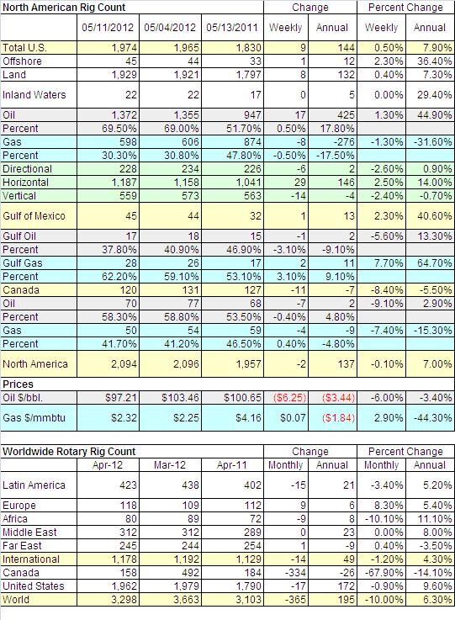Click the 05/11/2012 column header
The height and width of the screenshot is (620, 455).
click(x=108, y=27)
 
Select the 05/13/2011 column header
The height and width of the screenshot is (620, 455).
click(x=232, y=27)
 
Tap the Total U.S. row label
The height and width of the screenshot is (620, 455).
click(x=24, y=48)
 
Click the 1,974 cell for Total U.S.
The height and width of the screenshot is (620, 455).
click(x=124, y=48)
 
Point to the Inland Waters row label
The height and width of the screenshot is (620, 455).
click(x=34, y=95)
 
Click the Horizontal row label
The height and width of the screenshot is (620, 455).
click(x=26, y=183)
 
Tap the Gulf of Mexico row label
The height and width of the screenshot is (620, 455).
click(x=34, y=216)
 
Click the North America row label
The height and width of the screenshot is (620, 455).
click(x=35, y=363)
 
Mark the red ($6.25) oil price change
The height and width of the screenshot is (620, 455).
click(x=290, y=398)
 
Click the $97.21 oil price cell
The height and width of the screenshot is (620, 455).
click(x=121, y=398)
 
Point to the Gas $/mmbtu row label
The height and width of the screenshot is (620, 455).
click(x=34, y=418)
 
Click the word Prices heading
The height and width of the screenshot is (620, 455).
click(x=18, y=384)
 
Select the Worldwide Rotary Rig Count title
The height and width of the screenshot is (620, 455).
click(x=69, y=452)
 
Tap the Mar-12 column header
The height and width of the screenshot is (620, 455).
click(x=170, y=465)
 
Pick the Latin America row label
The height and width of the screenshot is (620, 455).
click(x=34, y=485)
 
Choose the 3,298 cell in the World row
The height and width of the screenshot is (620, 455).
click(x=124, y=600)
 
